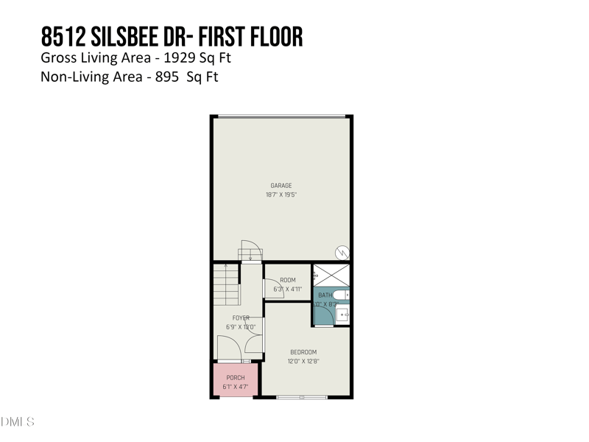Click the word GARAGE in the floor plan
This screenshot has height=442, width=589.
coord(281,186)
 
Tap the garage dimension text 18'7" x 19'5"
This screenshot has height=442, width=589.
coord(281,194)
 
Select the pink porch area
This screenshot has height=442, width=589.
coord(235,381)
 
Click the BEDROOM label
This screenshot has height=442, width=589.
coord(303,351)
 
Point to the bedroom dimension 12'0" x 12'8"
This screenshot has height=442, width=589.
coord(303,361)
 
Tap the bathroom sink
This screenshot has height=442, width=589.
coord(343,315)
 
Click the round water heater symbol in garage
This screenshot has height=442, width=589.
coord(342,251)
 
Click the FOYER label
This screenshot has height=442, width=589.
coord(241,318)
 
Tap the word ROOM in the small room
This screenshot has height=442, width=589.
coord(287,280)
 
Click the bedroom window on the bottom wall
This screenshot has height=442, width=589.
coord(302,398)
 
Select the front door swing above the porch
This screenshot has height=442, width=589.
coord(230,348)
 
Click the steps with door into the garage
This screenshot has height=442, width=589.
coord(250,253)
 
